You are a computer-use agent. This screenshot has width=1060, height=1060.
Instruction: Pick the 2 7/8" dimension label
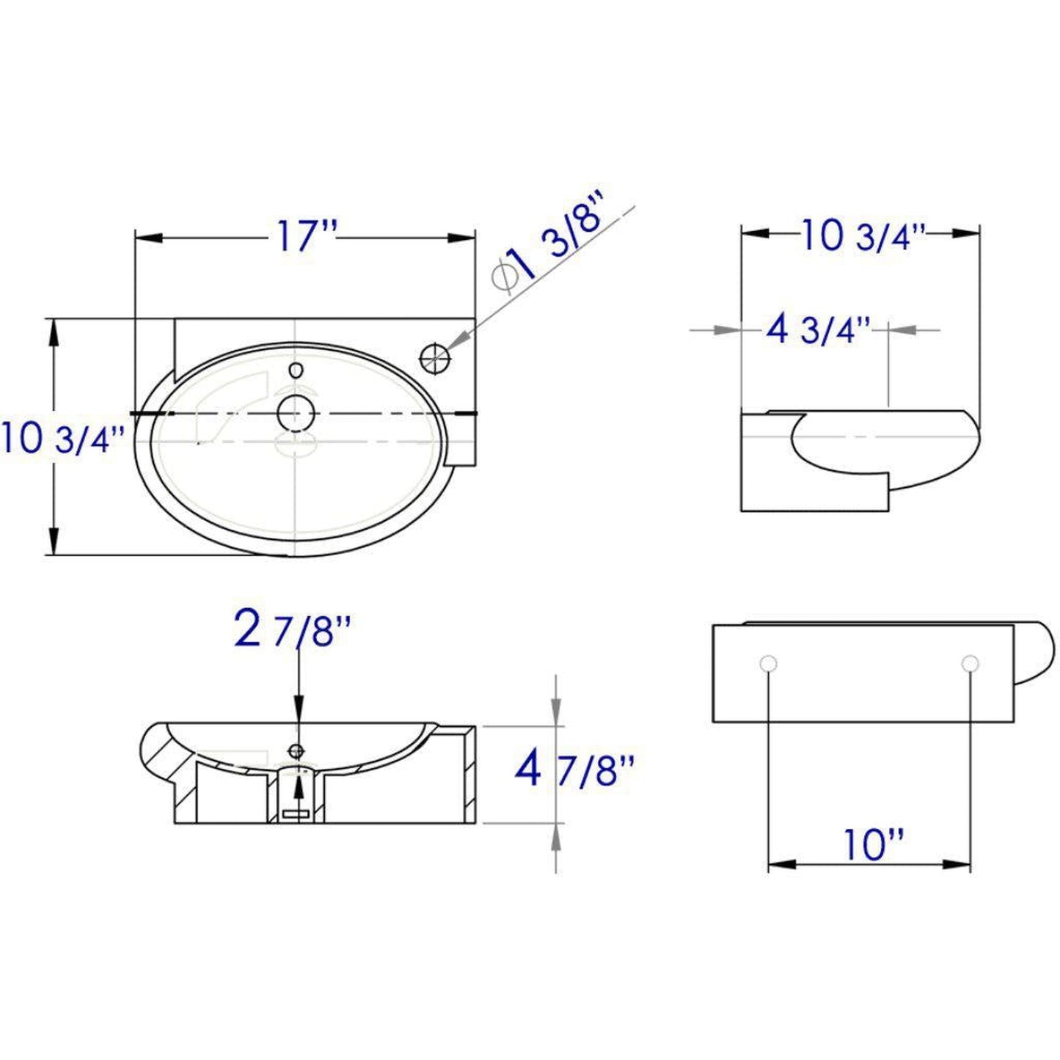point(293,631)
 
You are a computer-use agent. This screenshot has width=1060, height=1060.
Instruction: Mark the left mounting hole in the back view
point(768,664)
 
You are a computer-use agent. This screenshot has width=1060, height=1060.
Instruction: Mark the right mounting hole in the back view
point(970,664)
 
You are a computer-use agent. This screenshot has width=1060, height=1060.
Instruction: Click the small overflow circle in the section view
point(297,750)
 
